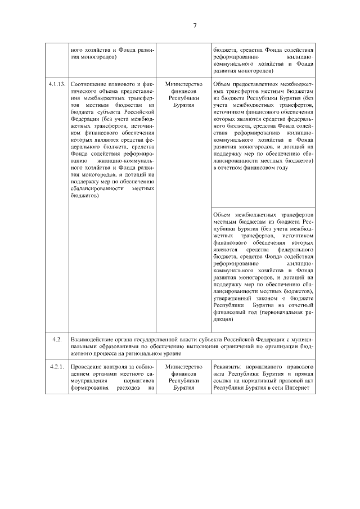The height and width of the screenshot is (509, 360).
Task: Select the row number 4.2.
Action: [x=56, y=340]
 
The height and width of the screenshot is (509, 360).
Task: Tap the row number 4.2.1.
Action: [x=56, y=367]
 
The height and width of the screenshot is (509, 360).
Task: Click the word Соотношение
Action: [x=91, y=84]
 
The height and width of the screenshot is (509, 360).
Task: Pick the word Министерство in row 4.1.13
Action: [x=184, y=84]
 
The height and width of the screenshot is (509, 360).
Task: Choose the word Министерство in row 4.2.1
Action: [x=184, y=367]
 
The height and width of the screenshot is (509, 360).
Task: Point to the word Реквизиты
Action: [x=228, y=367]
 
